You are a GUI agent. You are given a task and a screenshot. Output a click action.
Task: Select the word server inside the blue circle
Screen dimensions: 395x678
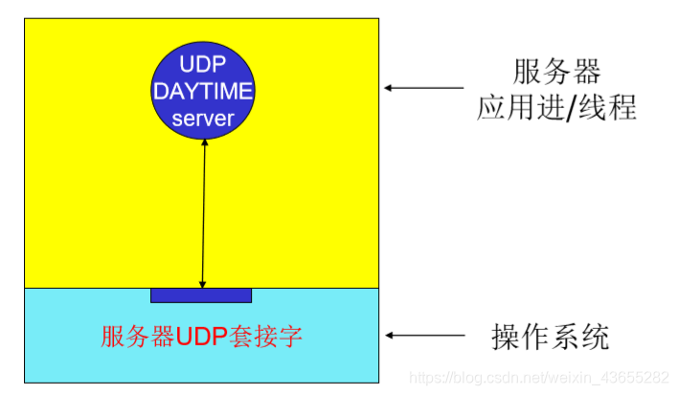[x=203, y=120]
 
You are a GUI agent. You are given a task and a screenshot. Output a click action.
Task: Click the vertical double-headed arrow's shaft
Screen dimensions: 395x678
[x=203, y=210]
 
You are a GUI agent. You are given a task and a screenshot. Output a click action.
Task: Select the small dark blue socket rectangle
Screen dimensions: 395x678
[x=201, y=295]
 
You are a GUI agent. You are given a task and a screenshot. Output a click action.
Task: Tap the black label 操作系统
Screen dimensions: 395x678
[x=550, y=337]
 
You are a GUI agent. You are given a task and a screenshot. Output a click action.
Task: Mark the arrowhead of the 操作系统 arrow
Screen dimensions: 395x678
[x=390, y=336]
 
